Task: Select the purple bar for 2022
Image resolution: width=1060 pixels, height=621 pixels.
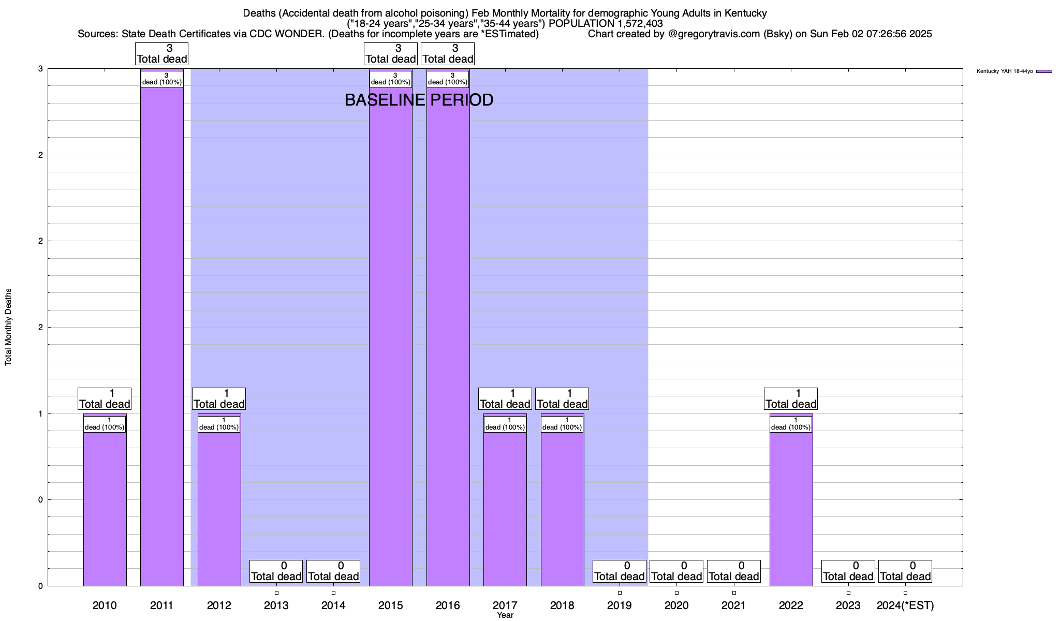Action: pyautogui.click(x=791, y=507)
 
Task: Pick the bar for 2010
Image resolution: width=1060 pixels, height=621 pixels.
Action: pyautogui.click(x=105, y=507)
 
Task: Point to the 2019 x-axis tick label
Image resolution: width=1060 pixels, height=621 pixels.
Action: pyautogui.click(x=619, y=605)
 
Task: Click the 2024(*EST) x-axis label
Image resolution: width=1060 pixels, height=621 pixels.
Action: pyautogui.click(x=905, y=605)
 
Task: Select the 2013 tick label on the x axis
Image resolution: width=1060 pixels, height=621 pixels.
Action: pyautogui.click(x=276, y=605)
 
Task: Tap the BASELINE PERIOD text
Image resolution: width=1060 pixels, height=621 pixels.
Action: pyautogui.click(x=419, y=100)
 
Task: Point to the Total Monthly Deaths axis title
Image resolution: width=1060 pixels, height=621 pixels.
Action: pyautogui.click(x=8, y=327)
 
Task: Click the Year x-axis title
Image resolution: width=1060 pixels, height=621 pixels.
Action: pyautogui.click(x=505, y=615)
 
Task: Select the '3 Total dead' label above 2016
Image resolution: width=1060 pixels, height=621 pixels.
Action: pyautogui.click(x=448, y=54)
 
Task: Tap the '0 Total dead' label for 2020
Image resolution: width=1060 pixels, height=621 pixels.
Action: pyautogui.click(x=676, y=571)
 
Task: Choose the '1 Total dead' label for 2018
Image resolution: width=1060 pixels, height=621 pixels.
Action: pyautogui.click(x=562, y=399)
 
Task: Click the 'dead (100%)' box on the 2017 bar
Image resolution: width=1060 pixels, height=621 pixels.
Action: pyautogui.click(x=505, y=424)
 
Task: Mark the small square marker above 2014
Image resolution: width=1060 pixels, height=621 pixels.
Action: pyautogui.click(x=333, y=593)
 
